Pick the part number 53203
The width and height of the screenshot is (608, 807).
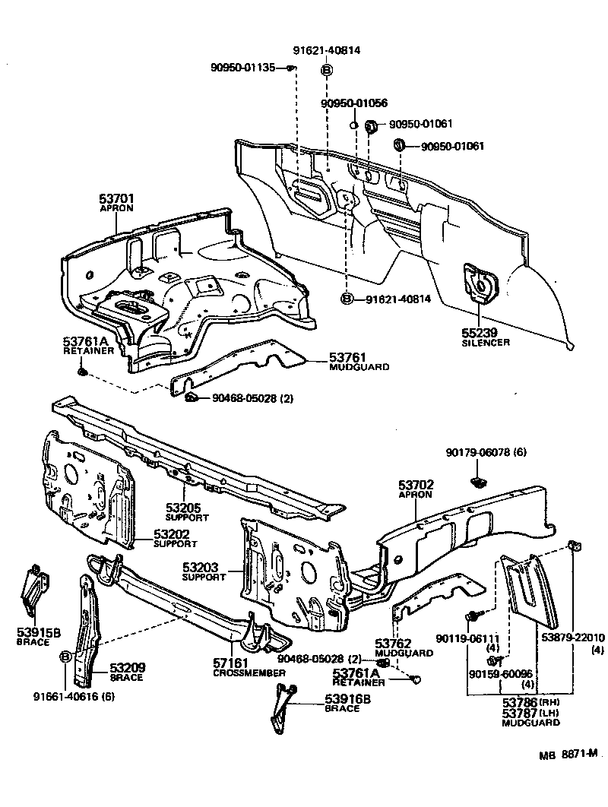tap(202, 567)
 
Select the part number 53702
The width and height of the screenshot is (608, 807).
tap(416, 484)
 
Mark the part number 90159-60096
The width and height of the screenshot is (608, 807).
tap(501, 673)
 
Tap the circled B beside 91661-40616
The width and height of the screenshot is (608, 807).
tap(65, 656)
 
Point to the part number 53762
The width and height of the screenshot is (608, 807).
tap(393, 643)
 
